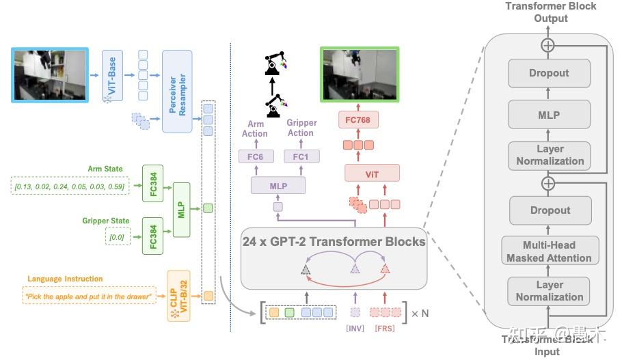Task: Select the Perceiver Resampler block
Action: (x=177, y=91)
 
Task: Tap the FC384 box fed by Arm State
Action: (x=154, y=183)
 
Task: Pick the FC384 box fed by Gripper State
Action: (x=154, y=236)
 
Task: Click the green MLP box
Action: (x=181, y=210)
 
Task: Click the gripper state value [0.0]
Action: (x=116, y=236)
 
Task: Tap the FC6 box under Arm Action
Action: (x=260, y=157)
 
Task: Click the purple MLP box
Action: (x=278, y=185)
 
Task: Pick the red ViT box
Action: (x=372, y=175)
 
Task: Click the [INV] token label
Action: (x=354, y=329)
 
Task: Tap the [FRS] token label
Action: (x=384, y=329)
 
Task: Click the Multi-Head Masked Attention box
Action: (x=550, y=251)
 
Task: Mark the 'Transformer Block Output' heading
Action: (x=550, y=12)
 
